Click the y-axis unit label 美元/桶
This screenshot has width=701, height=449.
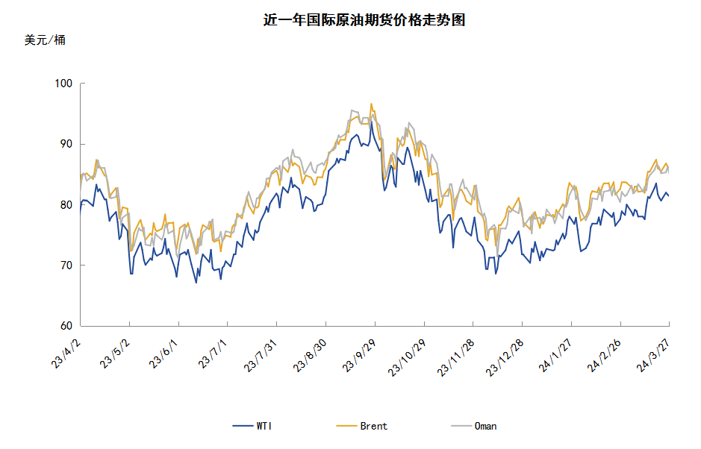(45, 40)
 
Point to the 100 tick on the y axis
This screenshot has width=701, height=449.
(63, 84)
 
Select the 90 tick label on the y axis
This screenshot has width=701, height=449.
(66, 144)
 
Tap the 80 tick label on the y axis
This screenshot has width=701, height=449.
(66, 205)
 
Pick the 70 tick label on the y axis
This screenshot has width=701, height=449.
(66, 266)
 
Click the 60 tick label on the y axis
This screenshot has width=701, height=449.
(66, 326)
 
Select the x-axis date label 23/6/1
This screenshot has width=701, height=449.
(163, 348)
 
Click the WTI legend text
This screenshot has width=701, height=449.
(264, 427)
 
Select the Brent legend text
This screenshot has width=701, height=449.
(374, 427)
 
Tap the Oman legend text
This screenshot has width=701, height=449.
(485, 427)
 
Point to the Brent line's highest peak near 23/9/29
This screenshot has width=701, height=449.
(371, 104)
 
